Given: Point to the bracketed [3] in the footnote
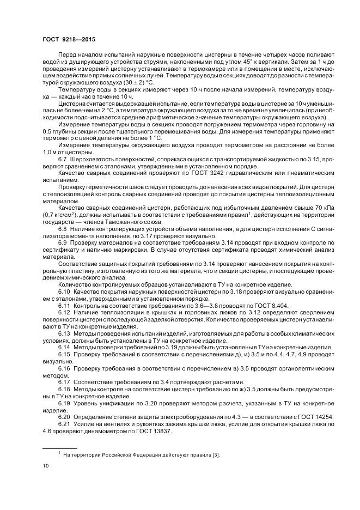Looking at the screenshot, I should (216, 454).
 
